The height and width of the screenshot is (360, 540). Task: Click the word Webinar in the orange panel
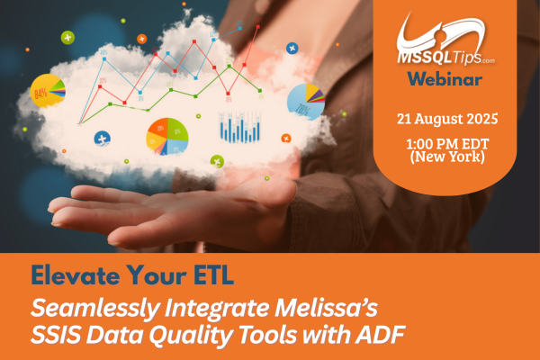click(444, 78)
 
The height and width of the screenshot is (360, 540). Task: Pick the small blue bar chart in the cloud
click(238, 128)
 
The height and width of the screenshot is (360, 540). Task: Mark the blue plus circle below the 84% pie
click(101, 138)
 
